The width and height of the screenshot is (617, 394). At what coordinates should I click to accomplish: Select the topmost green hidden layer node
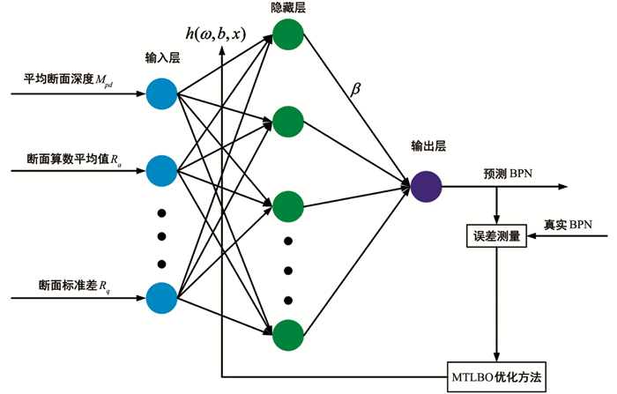pos(288,34)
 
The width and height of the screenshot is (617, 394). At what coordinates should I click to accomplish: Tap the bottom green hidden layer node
pos(288,334)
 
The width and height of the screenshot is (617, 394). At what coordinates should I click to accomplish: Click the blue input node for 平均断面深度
pos(162,93)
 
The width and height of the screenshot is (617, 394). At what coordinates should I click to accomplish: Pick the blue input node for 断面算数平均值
pos(162,167)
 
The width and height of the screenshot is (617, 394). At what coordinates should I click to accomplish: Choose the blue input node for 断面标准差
pos(162,297)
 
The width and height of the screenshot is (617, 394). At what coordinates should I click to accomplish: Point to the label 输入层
pos(162,58)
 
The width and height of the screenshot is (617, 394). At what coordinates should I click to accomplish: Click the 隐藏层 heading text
pos(288,8)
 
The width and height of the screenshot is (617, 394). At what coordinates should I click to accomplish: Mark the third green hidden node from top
pos(288,207)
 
